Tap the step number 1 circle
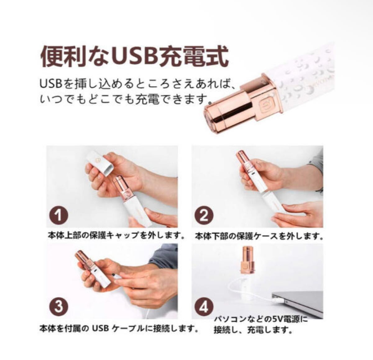click(59, 215)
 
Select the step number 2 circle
click(204, 215)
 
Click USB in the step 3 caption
click(101, 328)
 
